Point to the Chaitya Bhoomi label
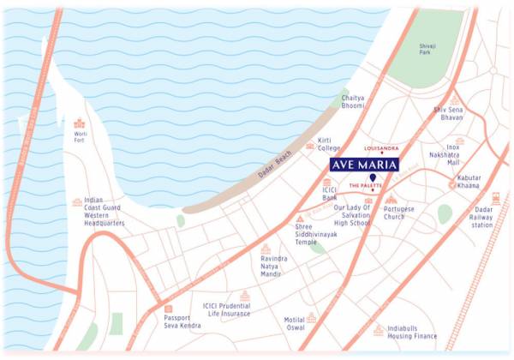coord(353,103)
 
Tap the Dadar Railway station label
coord(482,219)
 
